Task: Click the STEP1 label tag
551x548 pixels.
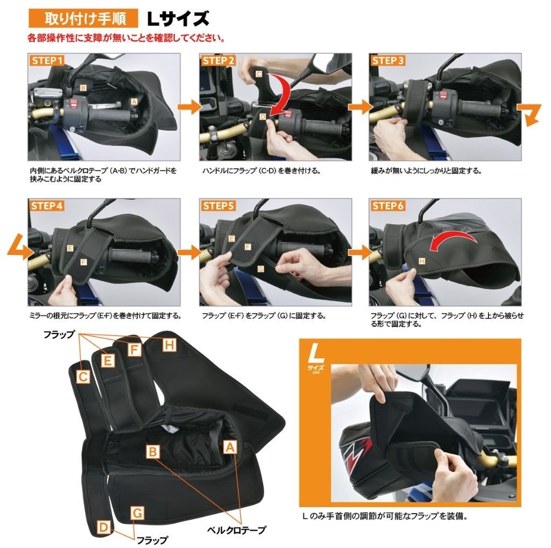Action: coord(47,60)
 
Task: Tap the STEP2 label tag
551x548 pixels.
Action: coord(218,60)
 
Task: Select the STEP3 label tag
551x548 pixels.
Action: coord(387,60)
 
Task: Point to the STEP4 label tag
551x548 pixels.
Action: coord(47,205)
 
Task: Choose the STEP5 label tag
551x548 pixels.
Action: coord(218,205)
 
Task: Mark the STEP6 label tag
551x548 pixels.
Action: coord(387,205)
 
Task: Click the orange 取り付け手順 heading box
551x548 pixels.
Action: coord(83,18)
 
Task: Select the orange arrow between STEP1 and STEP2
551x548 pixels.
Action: coord(190,107)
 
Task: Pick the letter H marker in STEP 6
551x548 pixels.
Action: coord(422,261)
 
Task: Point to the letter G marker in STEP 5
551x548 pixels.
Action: coord(260,269)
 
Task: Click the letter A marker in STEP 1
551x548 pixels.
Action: coord(134,102)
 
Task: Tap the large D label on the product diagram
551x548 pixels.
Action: coord(104,527)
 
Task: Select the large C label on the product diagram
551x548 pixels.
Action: coord(83,377)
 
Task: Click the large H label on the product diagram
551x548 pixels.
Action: coord(169,345)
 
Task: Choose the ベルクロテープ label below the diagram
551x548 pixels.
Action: coord(236,530)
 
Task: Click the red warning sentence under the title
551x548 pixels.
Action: coord(126,38)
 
